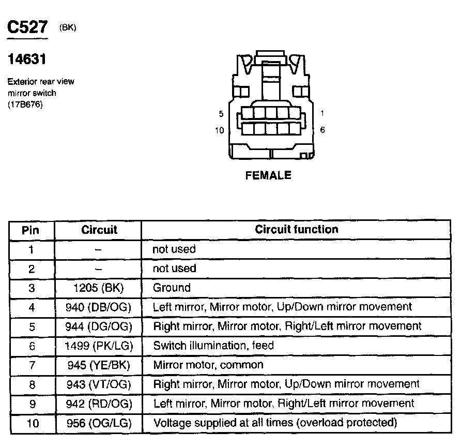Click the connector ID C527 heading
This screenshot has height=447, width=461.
click(x=26, y=29)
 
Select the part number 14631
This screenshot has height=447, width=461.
click(x=26, y=59)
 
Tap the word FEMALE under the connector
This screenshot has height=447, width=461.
click(x=268, y=176)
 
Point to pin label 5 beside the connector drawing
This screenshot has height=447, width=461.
click(x=221, y=114)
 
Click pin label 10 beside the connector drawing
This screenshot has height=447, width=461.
click(x=220, y=130)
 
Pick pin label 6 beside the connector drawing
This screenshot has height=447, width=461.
click(x=322, y=130)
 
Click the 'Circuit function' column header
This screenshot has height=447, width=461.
click(x=297, y=230)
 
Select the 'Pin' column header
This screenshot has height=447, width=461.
click(x=31, y=230)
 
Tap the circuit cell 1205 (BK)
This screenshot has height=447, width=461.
click(x=99, y=288)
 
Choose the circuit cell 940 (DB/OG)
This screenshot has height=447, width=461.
click(x=99, y=307)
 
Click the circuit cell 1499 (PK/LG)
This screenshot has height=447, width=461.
click(x=99, y=346)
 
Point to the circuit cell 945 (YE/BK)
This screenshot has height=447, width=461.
click(x=99, y=365)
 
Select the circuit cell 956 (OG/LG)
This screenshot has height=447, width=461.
click(x=99, y=423)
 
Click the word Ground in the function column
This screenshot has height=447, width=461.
click(x=172, y=288)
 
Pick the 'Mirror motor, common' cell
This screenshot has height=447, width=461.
click(x=208, y=365)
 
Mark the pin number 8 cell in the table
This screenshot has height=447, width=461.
click(x=32, y=384)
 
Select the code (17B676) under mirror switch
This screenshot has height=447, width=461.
click(x=25, y=105)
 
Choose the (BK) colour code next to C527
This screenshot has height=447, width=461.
click(x=68, y=28)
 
